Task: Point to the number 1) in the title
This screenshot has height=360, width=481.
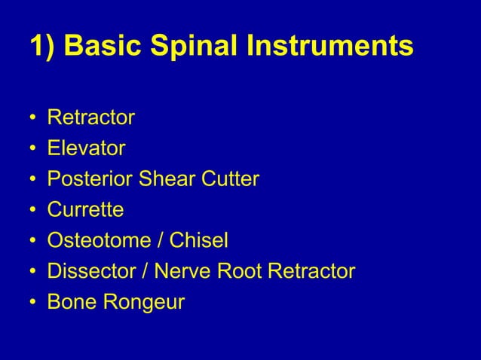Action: point(42,47)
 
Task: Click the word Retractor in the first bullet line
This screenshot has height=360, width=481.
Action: point(90,117)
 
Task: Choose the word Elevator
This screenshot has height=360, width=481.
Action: point(86,148)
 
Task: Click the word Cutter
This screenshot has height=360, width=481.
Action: point(226,179)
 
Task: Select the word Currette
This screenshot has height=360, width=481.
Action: point(85,210)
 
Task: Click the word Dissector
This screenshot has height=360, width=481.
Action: point(88,271)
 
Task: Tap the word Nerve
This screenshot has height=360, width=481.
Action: point(179,271)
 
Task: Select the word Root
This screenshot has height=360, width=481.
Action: point(235,271)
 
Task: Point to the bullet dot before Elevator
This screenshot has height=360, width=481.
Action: point(33,149)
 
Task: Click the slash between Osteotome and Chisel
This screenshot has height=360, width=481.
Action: point(159,241)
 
